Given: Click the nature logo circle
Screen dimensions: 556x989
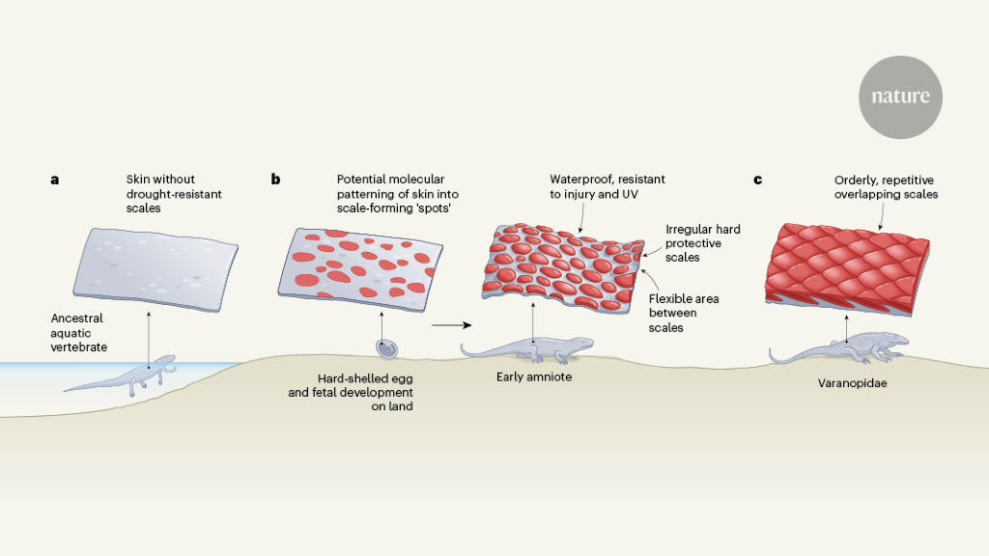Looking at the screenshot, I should point(899,97).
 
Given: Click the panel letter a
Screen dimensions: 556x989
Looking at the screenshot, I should point(55,180).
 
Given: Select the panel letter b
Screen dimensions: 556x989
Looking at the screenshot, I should point(276,180).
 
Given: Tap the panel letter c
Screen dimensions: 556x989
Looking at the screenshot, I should point(757,180).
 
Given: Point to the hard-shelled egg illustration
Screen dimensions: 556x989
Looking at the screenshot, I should point(384,347).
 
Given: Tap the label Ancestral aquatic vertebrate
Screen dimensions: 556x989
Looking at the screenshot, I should point(78,330).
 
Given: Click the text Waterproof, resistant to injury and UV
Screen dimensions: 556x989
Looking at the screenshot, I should point(608,186).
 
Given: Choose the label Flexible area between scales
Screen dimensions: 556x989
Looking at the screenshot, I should point(684,313).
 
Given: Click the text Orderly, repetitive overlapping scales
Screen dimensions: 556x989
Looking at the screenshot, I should point(886,186).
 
